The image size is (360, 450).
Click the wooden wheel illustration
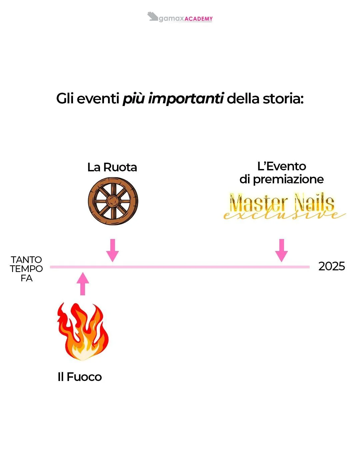[113, 201]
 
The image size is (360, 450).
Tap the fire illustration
[83, 332]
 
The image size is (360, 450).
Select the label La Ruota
[112, 167]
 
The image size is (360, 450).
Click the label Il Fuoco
[80, 377]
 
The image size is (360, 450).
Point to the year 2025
[331, 266]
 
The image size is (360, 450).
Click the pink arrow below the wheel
[112, 250]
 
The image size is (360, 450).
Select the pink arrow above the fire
[83, 284]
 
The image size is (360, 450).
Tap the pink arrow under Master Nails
[282, 250]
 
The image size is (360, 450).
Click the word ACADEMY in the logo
[198, 19]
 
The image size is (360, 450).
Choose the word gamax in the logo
[171, 19]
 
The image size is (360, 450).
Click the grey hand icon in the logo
[153, 16]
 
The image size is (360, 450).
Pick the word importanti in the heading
[185, 99]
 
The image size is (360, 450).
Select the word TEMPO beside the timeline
[26, 269]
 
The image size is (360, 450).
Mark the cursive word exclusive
[283, 215]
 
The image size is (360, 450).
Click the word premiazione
[288, 179]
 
